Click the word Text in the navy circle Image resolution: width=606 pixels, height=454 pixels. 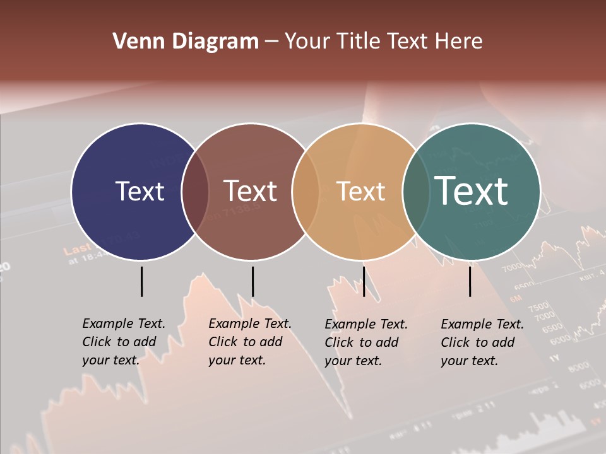coord(140,191)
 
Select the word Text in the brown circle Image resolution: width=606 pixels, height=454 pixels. coord(251,191)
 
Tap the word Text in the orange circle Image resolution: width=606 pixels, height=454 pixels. coord(360,191)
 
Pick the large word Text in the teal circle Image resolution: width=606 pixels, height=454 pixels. coord(472,190)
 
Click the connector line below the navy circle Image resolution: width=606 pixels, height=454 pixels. coord(141,281)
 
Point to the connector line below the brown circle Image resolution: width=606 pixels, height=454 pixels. coord(252,281)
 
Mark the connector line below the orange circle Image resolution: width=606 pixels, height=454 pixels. coord(364,281)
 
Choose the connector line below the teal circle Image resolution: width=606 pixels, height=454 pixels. coord(470,281)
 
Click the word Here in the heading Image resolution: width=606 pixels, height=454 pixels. coord(459,42)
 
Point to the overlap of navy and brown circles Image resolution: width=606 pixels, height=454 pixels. coord(195,192)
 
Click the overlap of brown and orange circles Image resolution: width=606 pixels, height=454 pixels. coord(306,192)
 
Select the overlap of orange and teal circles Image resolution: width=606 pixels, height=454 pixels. coord(416,192)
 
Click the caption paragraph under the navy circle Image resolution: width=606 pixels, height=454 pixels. coord(124,342)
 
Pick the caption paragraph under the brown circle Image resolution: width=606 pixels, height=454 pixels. coord(250,342)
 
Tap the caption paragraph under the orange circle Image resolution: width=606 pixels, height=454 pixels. coord(366,342)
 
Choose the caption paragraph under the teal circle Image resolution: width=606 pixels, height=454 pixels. coord(482,342)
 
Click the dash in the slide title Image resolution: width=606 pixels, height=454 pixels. coord(271,42)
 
